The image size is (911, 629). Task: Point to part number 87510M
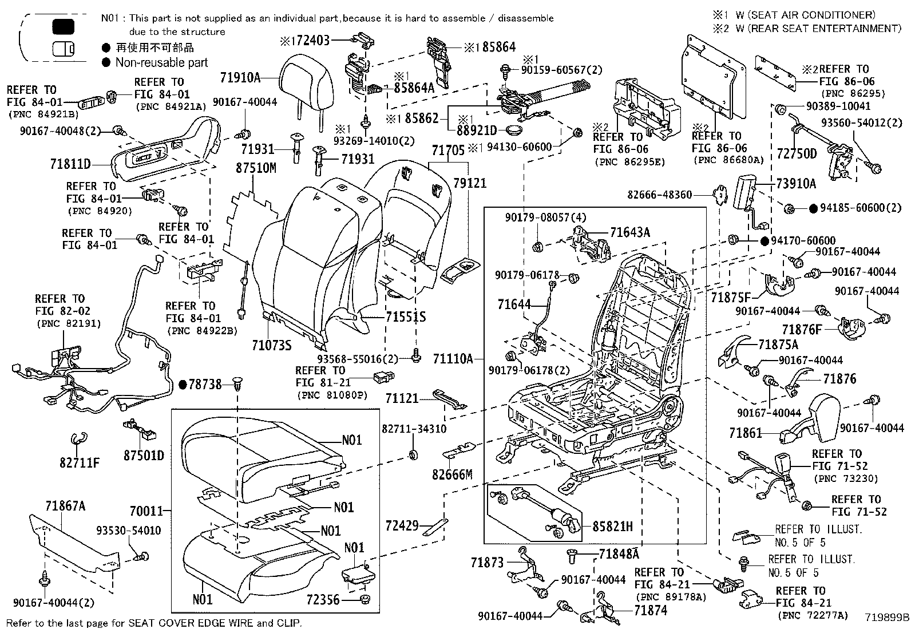pyautogui.click(x=255, y=168)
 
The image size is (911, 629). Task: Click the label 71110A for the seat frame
pyautogui.click(x=453, y=359)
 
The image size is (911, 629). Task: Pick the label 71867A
pyautogui.click(x=65, y=505)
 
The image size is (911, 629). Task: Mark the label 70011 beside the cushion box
pyautogui.click(x=146, y=511)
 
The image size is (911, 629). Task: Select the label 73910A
pyautogui.click(x=796, y=184)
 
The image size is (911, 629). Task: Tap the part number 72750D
pyautogui.click(x=797, y=153)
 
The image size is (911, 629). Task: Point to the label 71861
pyautogui.click(x=746, y=433)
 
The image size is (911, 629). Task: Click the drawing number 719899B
pyautogui.click(x=886, y=618)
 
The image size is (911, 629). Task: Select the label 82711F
pyautogui.click(x=79, y=461)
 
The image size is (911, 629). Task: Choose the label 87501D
pyautogui.click(x=144, y=456)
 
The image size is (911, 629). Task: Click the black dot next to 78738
pyautogui.click(x=183, y=385)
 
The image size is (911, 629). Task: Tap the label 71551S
pyautogui.click(x=405, y=317)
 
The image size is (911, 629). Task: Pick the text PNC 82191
pyautogui.click(x=69, y=324)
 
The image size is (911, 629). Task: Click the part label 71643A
pyautogui.click(x=630, y=232)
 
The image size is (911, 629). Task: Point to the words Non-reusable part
pyautogui.click(x=161, y=62)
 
